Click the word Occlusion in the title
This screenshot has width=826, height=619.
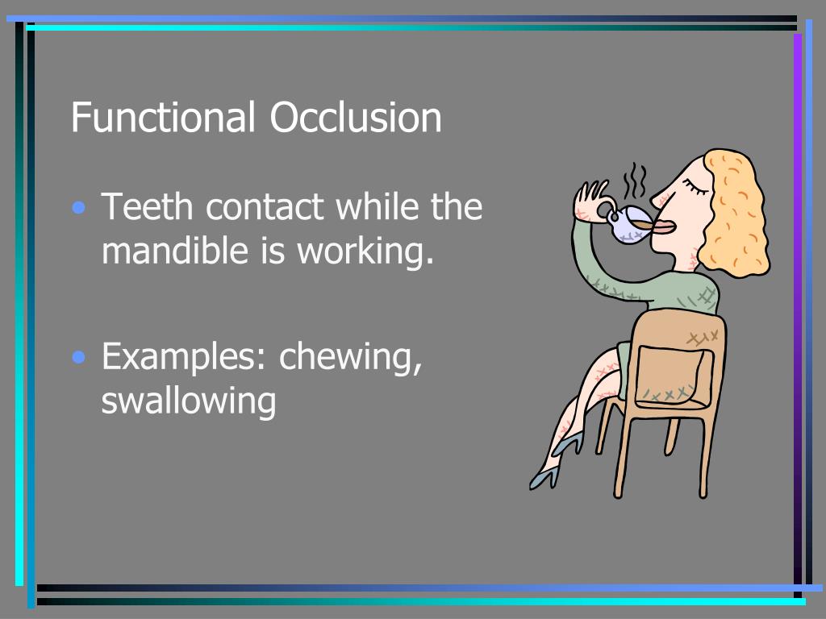click(356, 118)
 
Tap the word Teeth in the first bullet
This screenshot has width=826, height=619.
click(148, 207)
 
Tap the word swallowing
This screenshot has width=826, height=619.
click(188, 401)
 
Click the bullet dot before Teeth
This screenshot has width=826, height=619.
click(79, 209)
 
